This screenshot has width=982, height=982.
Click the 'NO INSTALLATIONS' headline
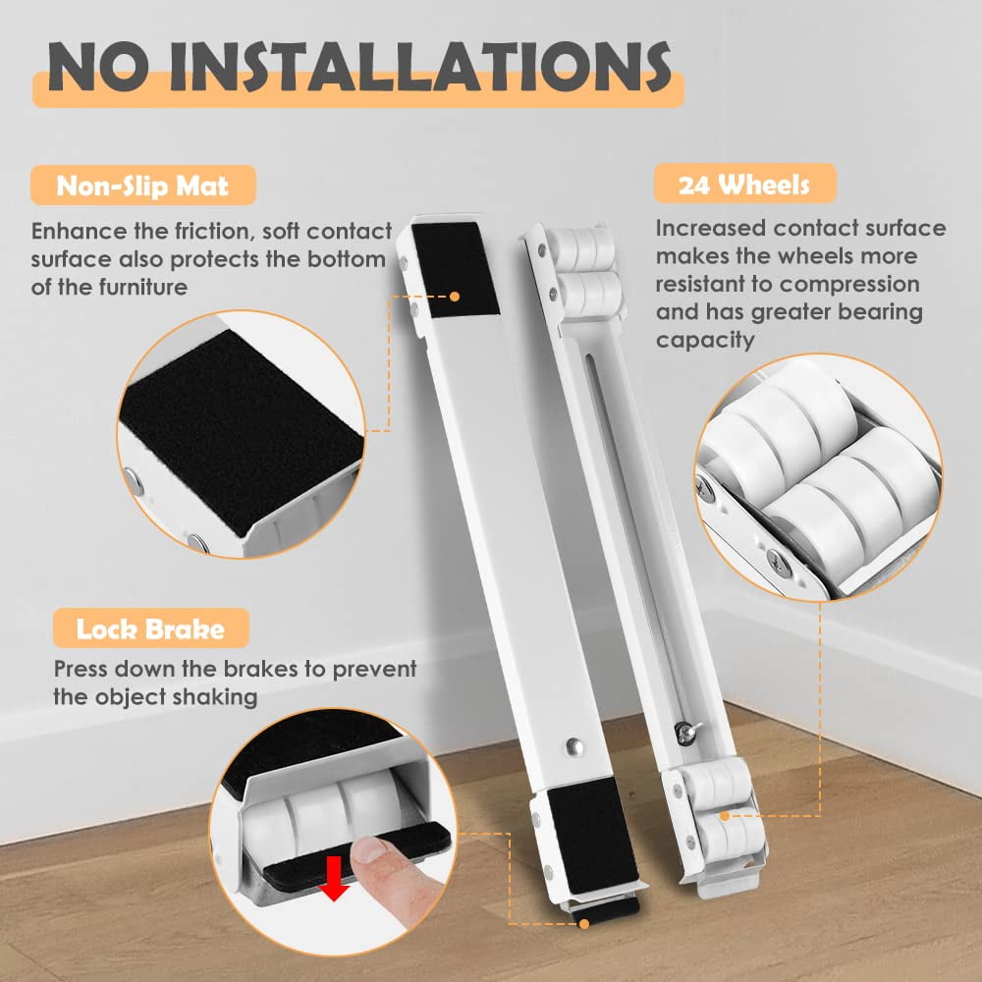click(x=359, y=67)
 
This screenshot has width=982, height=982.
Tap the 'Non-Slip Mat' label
click(x=142, y=186)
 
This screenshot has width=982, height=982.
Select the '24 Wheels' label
click(x=744, y=185)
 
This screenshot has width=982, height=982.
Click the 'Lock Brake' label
click(x=150, y=628)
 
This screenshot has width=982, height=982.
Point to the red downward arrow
click(x=334, y=878)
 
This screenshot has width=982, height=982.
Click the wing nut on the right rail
click(x=686, y=731)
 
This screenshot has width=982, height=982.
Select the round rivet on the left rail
click(x=574, y=746)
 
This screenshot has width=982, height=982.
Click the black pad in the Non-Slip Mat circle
click(x=241, y=431)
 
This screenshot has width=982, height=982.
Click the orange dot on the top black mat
click(x=456, y=297)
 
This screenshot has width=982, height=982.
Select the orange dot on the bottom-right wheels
click(x=725, y=816)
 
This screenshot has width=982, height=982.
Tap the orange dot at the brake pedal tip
click(x=584, y=924)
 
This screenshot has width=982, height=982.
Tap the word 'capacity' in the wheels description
click(x=705, y=341)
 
